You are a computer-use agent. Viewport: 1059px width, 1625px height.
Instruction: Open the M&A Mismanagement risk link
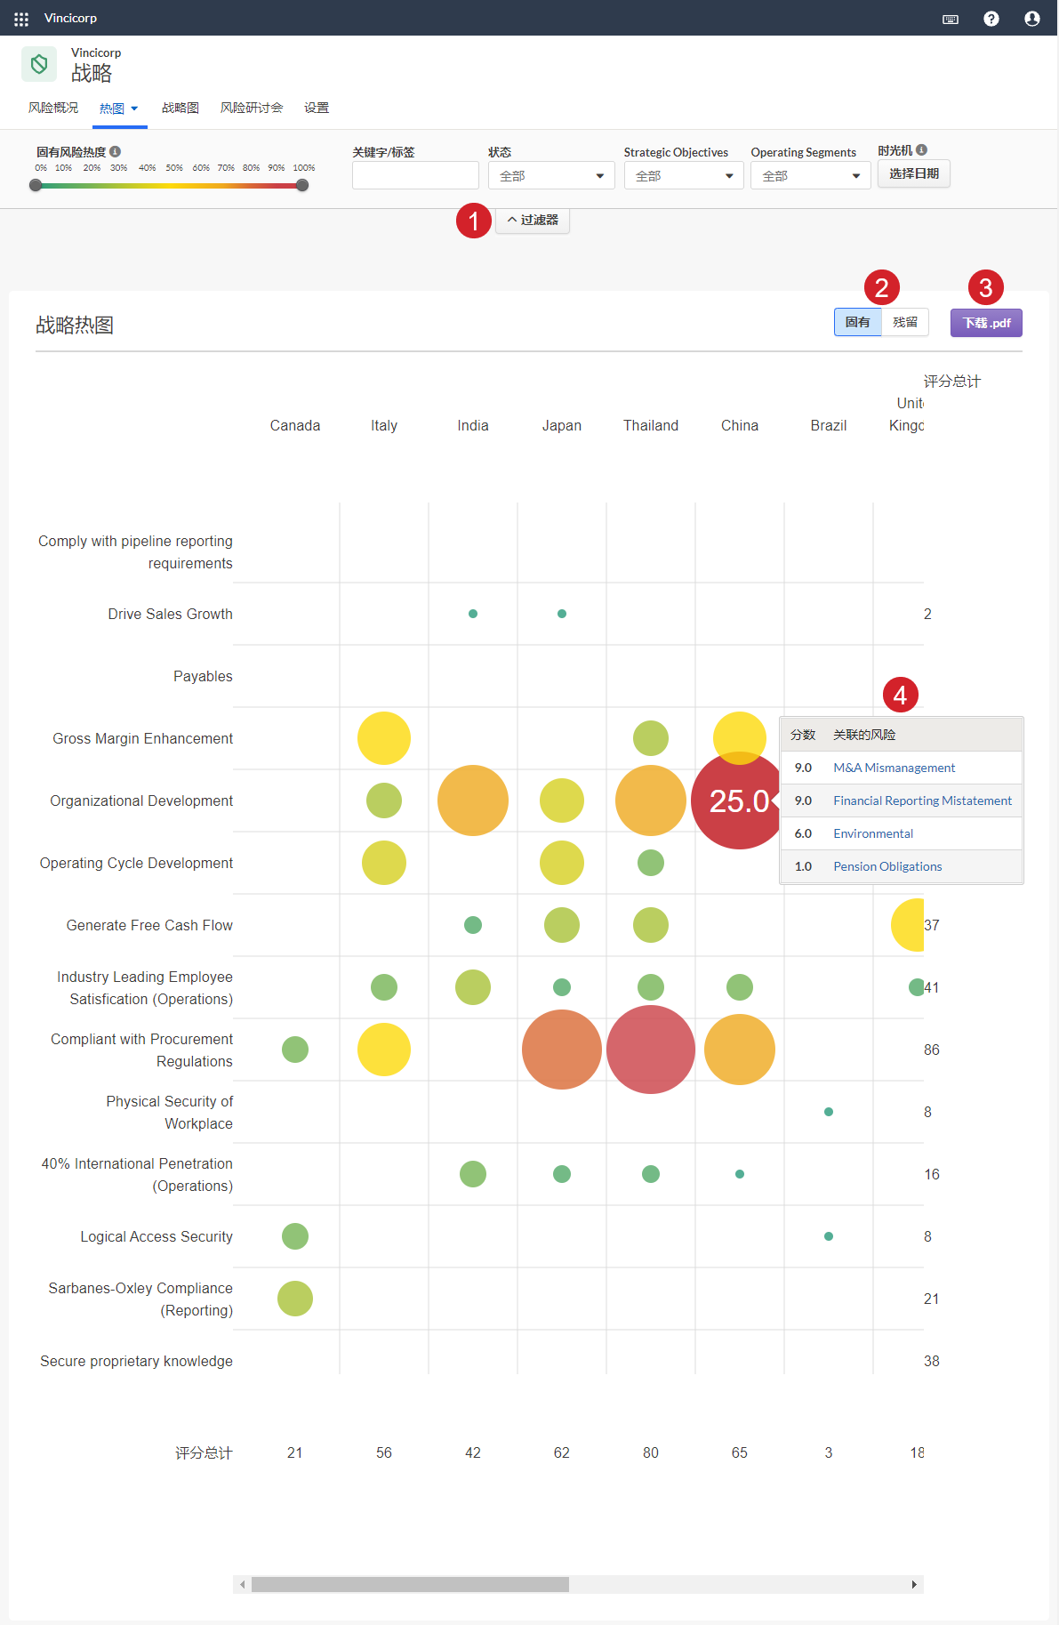pyautogui.click(x=894, y=768)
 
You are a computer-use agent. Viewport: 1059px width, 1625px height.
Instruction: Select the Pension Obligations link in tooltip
pyautogui.click(x=887, y=866)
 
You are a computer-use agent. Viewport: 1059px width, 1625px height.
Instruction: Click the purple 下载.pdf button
pyautogui.click(x=985, y=323)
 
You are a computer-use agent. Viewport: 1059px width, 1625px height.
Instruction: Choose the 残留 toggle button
pyautogui.click(x=904, y=322)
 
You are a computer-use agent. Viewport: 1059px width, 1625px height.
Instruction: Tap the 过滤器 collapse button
pyautogui.click(x=533, y=220)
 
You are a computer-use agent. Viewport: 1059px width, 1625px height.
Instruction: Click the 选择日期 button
pyautogui.click(x=913, y=173)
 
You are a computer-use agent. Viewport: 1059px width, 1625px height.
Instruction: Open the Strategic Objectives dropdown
pyautogui.click(x=683, y=176)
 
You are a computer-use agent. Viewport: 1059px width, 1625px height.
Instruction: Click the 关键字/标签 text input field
pyautogui.click(x=415, y=176)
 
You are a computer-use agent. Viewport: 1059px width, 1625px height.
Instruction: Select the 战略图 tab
pyautogui.click(x=180, y=108)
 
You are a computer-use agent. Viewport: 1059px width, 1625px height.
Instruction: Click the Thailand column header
pyautogui.click(x=650, y=425)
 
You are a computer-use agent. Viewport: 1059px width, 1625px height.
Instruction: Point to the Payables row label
pyautogui.click(x=203, y=676)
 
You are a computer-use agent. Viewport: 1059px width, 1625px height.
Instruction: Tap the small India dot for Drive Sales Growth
pyautogui.click(x=473, y=614)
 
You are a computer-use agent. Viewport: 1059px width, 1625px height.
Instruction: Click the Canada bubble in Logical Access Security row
pyautogui.click(x=295, y=1236)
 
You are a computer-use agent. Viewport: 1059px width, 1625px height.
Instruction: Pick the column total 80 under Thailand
pyautogui.click(x=650, y=1452)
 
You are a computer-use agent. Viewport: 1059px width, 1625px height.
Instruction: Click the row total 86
pyautogui.click(x=931, y=1050)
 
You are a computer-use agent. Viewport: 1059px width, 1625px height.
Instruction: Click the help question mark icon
pyautogui.click(x=991, y=19)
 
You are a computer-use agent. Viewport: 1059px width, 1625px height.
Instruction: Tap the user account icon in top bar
pyautogui.click(x=1031, y=19)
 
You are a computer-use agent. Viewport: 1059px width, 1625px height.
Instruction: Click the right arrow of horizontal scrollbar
pyautogui.click(x=914, y=1584)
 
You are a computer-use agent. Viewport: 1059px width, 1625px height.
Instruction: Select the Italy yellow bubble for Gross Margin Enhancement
pyautogui.click(x=384, y=738)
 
